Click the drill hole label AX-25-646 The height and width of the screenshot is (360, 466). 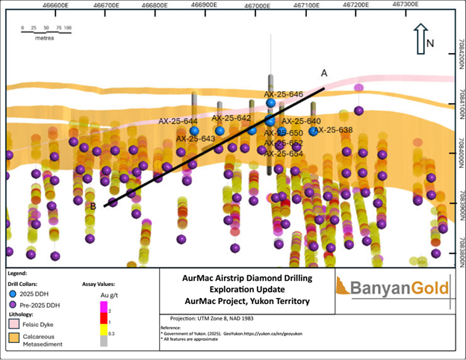(284, 95)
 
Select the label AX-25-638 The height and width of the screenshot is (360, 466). (333, 130)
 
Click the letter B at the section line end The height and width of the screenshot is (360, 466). (94, 206)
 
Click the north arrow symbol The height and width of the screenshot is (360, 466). (420, 39)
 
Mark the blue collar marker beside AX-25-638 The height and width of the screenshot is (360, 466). (313, 131)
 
